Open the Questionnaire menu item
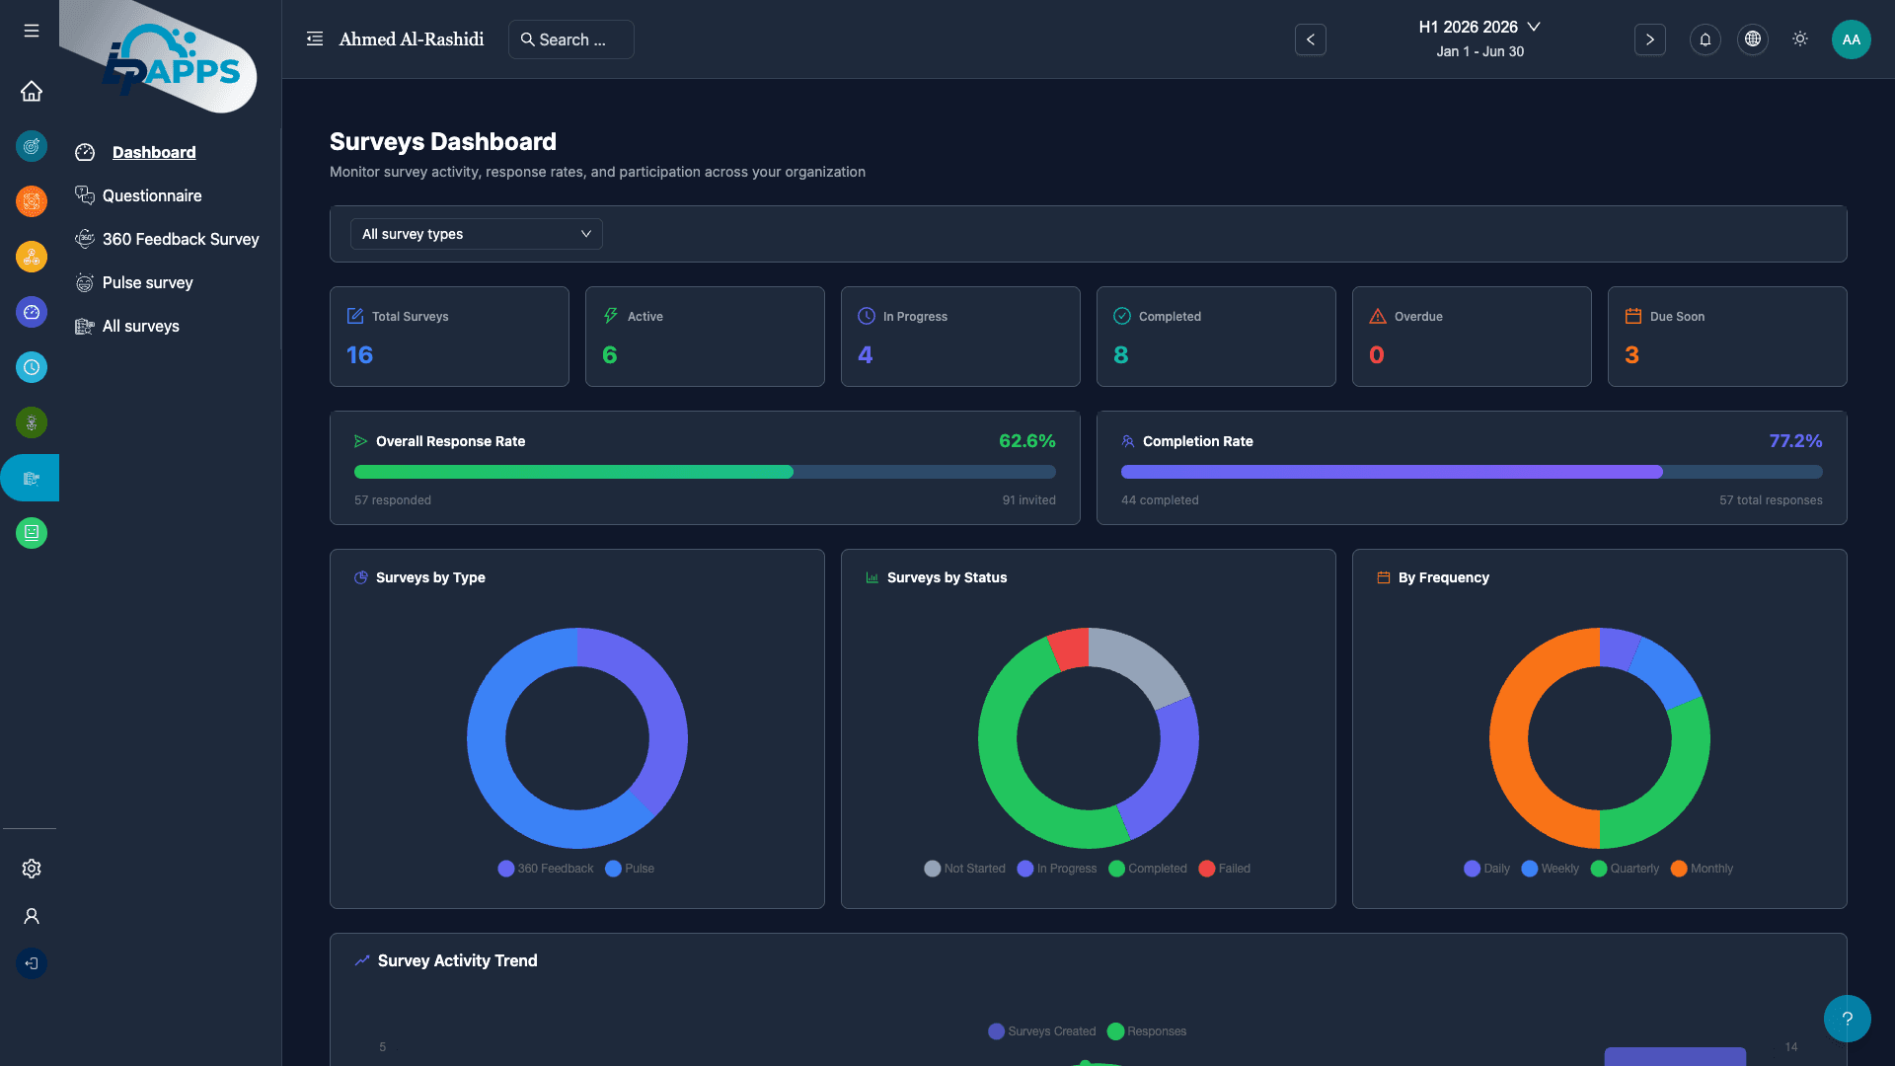point(151,195)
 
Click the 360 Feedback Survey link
point(180,239)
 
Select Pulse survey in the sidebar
point(147,282)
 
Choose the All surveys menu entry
point(140,326)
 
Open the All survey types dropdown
point(476,234)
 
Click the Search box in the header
point(570,39)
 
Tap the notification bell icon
point(1705,39)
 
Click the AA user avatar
point(1851,39)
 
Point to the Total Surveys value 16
point(359,355)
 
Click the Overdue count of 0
point(1376,355)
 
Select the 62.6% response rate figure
point(1026,441)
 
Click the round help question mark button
point(1847,1019)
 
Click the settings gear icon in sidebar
point(32,869)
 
